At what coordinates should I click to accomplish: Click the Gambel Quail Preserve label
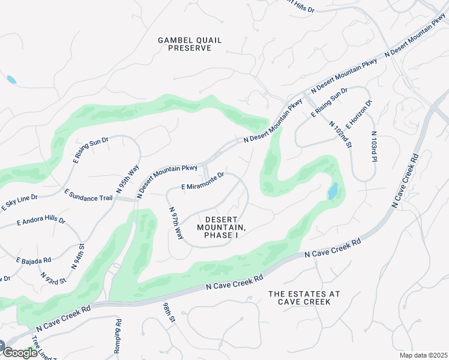click(189, 44)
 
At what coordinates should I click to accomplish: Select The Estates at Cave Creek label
click(304, 298)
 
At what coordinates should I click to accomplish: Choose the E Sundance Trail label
click(88, 195)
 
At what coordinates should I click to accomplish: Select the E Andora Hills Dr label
click(41, 221)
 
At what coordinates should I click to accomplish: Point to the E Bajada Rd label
click(34, 260)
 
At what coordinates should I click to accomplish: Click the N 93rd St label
click(53, 278)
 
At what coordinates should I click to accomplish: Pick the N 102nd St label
click(340, 135)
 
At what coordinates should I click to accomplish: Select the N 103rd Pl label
click(373, 146)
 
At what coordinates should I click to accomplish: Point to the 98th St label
click(168, 313)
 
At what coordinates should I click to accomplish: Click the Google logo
click(19, 353)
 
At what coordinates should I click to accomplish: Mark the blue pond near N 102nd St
click(332, 191)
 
